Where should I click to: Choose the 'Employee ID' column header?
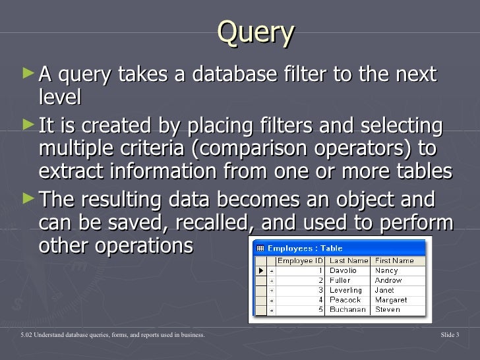(x=299, y=260)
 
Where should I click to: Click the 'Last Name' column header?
(x=348, y=260)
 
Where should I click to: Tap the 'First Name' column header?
(x=394, y=260)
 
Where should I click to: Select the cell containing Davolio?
(x=344, y=270)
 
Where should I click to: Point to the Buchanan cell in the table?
(x=347, y=310)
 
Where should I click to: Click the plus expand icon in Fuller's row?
(x=271, y=280)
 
